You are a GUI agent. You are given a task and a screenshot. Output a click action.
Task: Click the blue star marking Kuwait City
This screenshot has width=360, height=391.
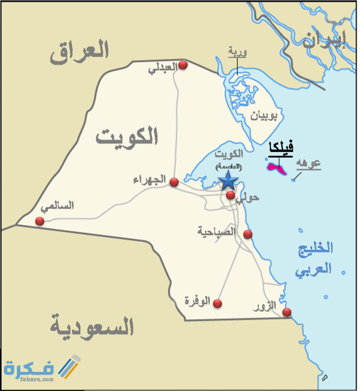[x=228, y=181]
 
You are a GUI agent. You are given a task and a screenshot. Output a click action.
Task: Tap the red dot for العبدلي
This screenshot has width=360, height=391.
[x=182, y=65]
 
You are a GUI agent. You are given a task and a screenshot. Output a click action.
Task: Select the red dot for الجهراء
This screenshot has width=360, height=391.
[x=174, y=182]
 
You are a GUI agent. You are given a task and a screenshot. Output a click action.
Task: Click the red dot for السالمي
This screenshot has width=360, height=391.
[x=39, y=221]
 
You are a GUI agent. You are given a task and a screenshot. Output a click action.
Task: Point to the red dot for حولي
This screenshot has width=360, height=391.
[x=231, y=195]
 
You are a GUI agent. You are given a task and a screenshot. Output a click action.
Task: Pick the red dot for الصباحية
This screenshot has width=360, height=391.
[x=247, y=234]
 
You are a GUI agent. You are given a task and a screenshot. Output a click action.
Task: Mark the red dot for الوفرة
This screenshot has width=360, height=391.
[x=217, y=303]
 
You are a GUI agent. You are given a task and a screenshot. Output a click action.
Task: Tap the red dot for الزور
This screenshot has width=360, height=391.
[x=287, y=312]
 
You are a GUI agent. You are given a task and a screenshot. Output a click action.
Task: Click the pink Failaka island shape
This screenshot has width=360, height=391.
[x=276, y=167]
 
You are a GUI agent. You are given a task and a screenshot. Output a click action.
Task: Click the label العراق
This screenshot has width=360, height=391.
[x=79, y=51]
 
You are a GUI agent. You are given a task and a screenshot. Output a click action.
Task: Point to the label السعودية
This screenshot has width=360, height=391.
[x=92, y=326]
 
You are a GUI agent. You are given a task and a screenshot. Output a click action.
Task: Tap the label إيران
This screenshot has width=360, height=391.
[x=323, y=40]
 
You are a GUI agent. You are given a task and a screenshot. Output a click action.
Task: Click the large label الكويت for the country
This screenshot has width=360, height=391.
[x=127, y=136]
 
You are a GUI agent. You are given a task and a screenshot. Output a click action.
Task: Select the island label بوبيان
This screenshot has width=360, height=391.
[x=263, y=116]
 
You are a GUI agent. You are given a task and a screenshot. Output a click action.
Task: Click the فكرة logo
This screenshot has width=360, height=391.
[x=42, y=369]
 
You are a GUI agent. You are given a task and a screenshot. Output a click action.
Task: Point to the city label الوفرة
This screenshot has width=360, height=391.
[x=197, y=302]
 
